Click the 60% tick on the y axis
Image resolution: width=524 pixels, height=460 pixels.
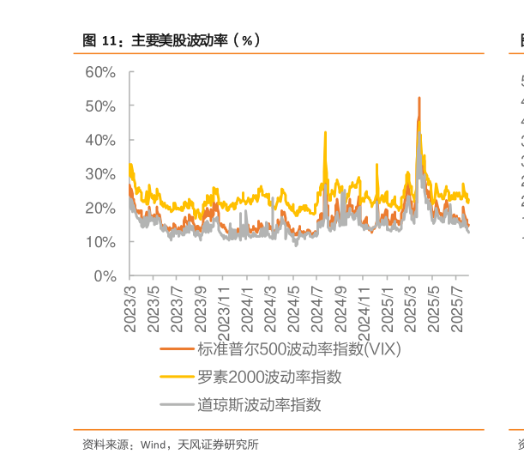(x=99, y=72)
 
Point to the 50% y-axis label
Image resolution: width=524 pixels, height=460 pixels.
(x=99, y=106)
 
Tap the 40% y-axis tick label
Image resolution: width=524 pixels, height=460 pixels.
(x=99, y=140)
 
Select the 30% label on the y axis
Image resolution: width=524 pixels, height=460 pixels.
(x=99, y=174)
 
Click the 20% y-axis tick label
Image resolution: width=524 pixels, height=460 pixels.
(x=99, y=208)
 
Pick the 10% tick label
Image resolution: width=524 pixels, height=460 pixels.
(x=99, y=242)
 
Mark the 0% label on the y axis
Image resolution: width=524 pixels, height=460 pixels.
(x=105, y=276)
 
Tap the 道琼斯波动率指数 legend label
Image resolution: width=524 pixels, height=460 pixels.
(x=259, y=404)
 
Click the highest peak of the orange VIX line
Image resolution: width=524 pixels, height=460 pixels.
(x=419, y=98)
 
